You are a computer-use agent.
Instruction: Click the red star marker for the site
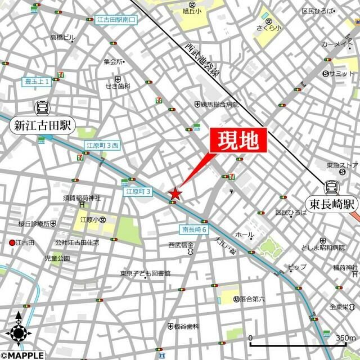coord(175,194)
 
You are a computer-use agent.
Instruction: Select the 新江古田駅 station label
coord(42,126)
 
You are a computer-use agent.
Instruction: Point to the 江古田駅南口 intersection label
coord(116,20)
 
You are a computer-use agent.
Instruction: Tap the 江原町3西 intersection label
coord(102,146)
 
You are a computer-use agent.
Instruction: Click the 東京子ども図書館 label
coord(145,274)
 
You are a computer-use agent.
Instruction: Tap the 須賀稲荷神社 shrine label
coord(82,198)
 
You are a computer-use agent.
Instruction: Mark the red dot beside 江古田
coord(12,242)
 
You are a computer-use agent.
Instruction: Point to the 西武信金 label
coord(181,245)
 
